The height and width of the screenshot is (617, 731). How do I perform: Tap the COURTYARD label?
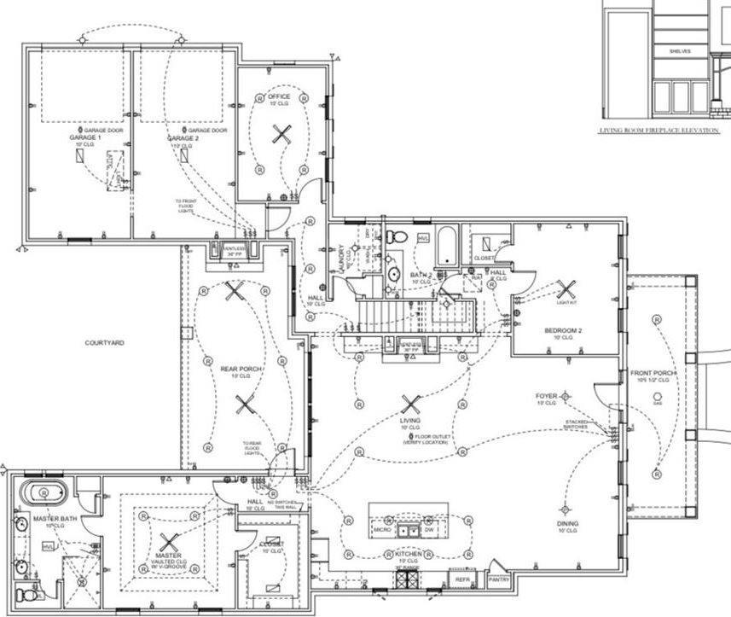pos(104,343)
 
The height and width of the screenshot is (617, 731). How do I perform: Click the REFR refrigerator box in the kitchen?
pos(463,579)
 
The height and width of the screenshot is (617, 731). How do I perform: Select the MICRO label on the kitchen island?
pos(382,530)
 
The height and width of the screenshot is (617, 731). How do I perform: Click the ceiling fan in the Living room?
pos(410,405)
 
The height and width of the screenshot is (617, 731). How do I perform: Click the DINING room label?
pos(567,523)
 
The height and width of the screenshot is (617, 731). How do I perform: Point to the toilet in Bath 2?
pos(394,236)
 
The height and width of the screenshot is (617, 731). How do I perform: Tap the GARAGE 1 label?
pos(85,137)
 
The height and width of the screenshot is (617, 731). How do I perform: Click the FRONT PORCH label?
pos(653,374)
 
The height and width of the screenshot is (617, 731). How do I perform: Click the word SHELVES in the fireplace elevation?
pos(679,51)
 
